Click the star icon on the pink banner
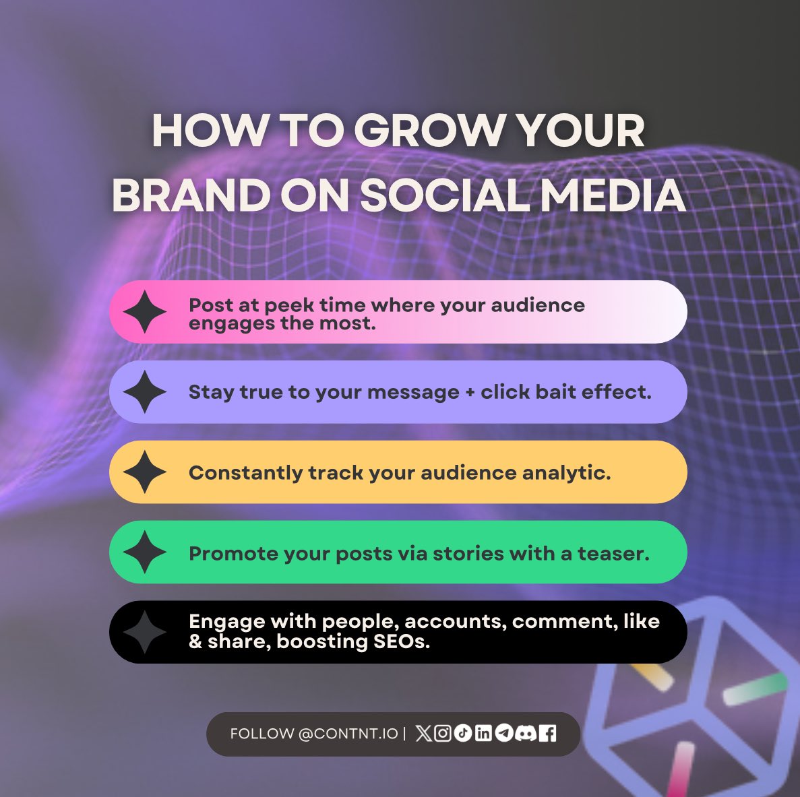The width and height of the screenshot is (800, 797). [x=145, y=312]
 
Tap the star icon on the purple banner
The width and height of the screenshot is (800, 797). [x=145, y=392]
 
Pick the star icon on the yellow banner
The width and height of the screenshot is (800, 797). [x=145, y=472]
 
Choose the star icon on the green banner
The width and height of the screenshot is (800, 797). [x=145, y=552]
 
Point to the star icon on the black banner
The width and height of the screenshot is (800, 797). [x=145, y=632]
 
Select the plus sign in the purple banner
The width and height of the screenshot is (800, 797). [x=470, y=393]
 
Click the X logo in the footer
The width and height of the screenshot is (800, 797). [x=423, y=734]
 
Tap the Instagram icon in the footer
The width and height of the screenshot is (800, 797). [x=443, y=734]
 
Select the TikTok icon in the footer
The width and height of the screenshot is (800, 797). [x=463, y=734]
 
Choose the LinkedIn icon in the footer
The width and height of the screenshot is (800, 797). [x=483, y=734]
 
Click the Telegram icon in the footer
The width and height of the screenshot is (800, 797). [x=504, y=734]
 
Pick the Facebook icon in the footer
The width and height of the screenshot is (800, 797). [x=548, y=734]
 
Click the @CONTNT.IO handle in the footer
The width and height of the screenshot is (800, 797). [x=348, y=734]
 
